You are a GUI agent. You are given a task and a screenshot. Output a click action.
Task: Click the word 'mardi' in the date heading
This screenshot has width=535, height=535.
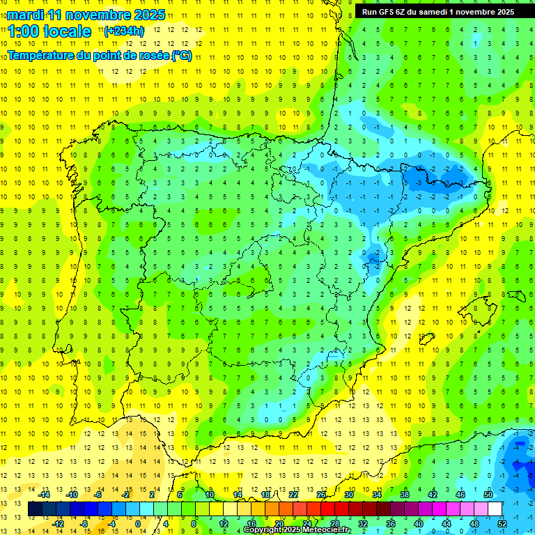[25, 14]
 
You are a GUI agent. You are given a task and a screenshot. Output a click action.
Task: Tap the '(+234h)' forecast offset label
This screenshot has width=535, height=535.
[124, 31]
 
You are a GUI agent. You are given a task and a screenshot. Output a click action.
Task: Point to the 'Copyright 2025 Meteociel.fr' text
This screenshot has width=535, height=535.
[297, 530]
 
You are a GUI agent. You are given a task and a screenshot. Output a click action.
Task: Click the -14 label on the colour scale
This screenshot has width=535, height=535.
[43, 495]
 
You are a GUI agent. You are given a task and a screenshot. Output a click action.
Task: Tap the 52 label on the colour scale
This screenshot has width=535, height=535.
[502, 524]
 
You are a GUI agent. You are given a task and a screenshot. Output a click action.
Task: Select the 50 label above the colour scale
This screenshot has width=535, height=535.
[488, 495]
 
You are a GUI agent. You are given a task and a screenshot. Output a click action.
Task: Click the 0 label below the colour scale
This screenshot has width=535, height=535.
[138, 524]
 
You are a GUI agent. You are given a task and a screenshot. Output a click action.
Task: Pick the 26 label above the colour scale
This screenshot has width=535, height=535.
[321, 495]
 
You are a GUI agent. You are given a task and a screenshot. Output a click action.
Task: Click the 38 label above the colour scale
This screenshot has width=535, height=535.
[404, 495]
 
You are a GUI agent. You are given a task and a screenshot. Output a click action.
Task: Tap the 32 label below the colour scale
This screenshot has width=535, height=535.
[363, 524]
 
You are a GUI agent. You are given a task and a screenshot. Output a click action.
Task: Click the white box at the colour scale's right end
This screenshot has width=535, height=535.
[495, 509]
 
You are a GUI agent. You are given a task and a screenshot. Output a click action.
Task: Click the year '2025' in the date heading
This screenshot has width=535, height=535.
[149, 14]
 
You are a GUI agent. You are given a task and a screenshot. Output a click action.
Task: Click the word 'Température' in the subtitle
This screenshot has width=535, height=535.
[42, 56]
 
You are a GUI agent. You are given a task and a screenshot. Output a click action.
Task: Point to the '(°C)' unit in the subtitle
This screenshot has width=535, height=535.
[181, 56]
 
